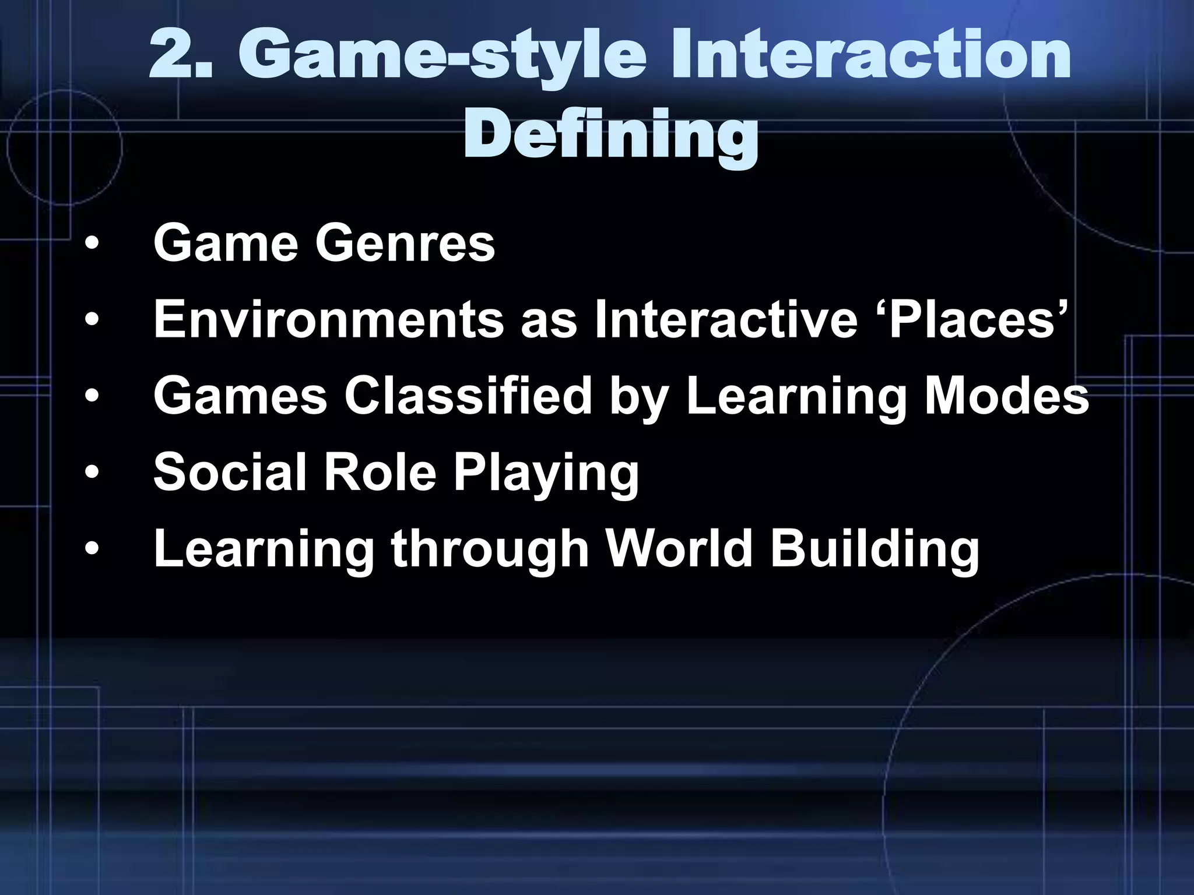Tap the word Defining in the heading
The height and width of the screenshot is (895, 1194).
click(610, 135)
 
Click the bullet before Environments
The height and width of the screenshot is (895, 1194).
click(91, 320)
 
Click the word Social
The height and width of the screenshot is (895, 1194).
click(230, 472)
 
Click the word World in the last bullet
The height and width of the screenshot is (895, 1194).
click(679, 549)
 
